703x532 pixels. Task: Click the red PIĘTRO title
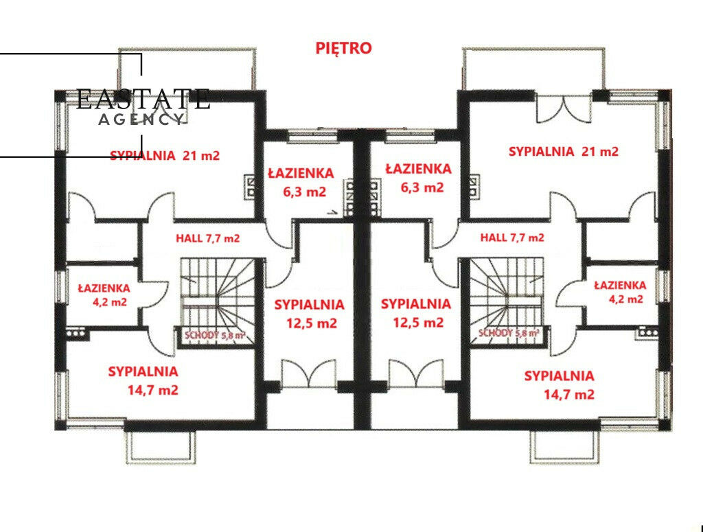coord(343,48)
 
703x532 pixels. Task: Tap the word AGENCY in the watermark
coord(141,119)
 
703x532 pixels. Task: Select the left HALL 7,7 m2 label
coord(207,238)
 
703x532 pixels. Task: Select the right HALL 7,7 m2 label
coord(512,237)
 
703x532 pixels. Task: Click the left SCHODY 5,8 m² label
coord(215,335)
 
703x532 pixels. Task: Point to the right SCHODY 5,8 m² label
coord(509,333)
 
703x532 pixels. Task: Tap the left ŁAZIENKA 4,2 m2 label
coord(104,294)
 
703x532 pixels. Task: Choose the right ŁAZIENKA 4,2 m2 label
coord(620,292)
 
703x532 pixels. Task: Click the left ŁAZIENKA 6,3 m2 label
coord(301,183)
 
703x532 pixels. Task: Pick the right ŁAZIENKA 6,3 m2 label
coord(419,178)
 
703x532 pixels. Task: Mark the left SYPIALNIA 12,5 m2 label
coord(310,314)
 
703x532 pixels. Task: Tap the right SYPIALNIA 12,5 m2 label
coord(416,313)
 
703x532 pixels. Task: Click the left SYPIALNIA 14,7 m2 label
coord(143,380)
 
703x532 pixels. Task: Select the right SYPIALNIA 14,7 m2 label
coord(560,385)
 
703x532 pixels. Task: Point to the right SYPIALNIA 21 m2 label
coord(564,152)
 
